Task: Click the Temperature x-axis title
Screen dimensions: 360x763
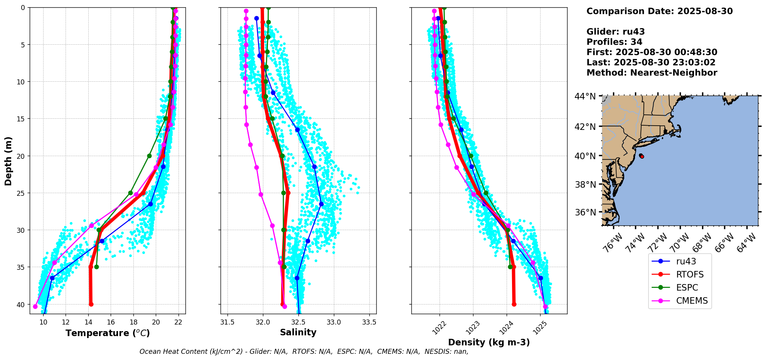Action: pyautogui.click(x=108, y=333)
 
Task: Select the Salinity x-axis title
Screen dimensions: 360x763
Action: pyautogui.click(x=298, y=333)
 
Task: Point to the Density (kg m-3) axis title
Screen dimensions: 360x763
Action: pyautogui.click(x=488, y=342)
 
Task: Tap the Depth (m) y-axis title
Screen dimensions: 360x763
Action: pyautogui.click(x=8, y=161)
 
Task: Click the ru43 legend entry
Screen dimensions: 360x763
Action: pyautogui.click(x=686, y=261)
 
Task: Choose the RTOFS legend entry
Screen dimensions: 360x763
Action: pyautogui.click(x=689, y=274)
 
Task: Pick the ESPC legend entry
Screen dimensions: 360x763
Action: pyautogui.click(x=687, y=288)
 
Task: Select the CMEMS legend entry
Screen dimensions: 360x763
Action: pyautogui.click(x=692, y=301)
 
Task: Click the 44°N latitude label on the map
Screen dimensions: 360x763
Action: pyautogui.click(x=585, y=96)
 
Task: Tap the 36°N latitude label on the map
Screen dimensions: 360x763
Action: pyautogui.click(x=585, y=212)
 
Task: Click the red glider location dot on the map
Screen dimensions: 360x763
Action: pyautogui.click(x=642, y=156)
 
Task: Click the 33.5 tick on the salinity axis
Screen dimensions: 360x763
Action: pyautogui.click(x=369, y=322)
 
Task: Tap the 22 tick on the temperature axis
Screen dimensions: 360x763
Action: pyautogui.click(x=178, y=322)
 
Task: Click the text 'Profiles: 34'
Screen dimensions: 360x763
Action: pyautogui.click(x=614, y=42)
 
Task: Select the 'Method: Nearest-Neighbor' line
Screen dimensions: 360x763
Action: pyautogui.click(x=652, y=73)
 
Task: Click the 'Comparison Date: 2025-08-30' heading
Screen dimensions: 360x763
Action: pyautogui.click(x=659, y=11)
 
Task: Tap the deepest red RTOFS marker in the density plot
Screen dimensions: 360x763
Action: pyautogui.click(x=514, y=304)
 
